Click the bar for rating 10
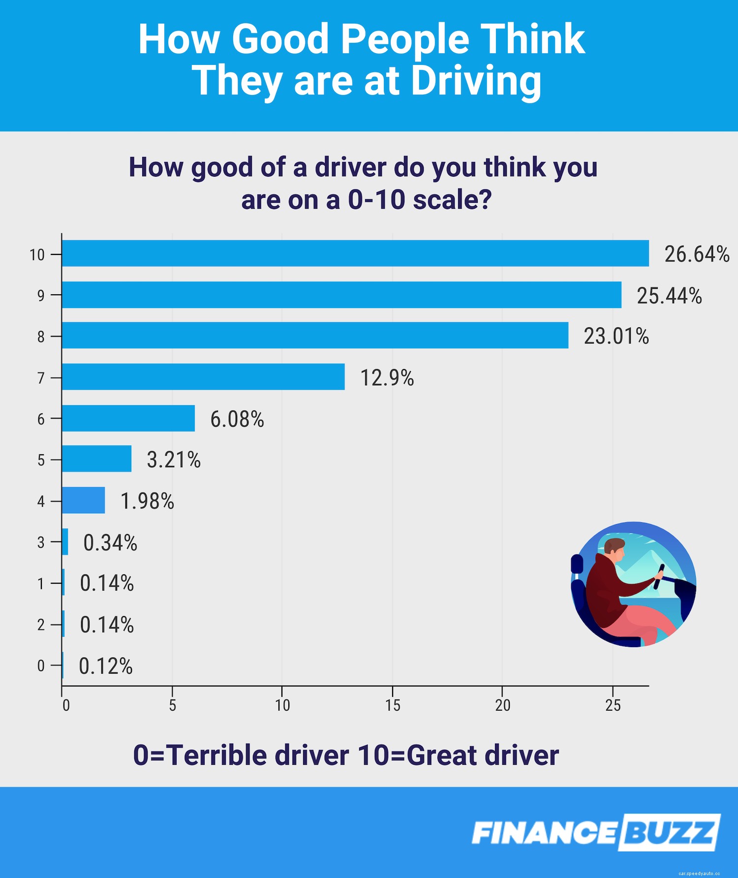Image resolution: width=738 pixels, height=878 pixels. click(x=355, y=253)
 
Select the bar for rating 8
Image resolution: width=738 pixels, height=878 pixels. click(x=315, y=336)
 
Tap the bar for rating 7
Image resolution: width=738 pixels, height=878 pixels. click(x=203, y=377)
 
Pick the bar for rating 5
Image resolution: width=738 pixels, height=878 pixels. click(x=97, y=459)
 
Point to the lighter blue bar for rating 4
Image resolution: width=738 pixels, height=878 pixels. click(x=84, y=501)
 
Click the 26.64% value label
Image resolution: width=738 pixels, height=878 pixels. click(x=697, y=254)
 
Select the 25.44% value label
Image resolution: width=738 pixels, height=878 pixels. click(x=669, y=296)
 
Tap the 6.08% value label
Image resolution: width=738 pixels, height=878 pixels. click(x=237, y=419)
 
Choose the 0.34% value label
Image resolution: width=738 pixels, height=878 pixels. click(x=110, y=543)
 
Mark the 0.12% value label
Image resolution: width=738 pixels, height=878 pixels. click(x=106, y=666)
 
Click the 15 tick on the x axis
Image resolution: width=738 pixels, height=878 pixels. click(x=393, y=706)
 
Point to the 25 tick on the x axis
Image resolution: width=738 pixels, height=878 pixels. click(x=613, y=706)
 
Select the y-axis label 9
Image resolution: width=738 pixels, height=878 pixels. click(x=41, y=296)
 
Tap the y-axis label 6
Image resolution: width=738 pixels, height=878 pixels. click(x=41, y=419)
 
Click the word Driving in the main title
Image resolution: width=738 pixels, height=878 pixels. click(x=476, y=81)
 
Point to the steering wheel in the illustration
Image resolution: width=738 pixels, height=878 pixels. click(x=659, y=577)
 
